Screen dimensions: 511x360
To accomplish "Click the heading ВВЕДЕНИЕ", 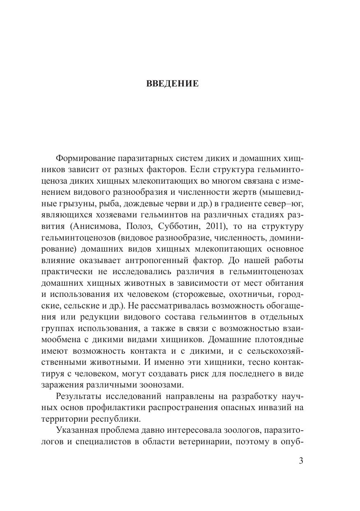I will [172, 84].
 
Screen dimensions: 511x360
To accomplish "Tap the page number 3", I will [301, 461].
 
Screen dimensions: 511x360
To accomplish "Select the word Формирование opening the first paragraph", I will [85, 159].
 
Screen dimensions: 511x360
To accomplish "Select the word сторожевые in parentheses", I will [200, 294].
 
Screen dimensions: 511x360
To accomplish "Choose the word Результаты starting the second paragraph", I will [79, 396].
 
